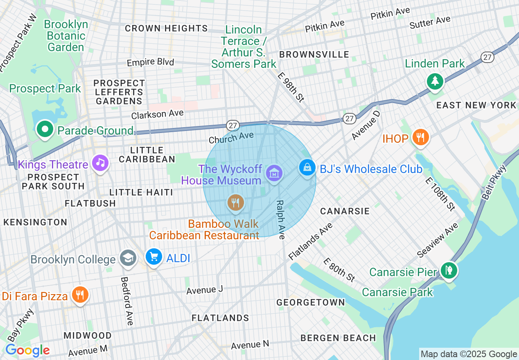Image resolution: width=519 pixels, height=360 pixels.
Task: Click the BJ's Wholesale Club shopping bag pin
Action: (x=307, y=167)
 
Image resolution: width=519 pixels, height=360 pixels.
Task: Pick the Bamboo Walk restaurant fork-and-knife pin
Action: (x=235, y=202)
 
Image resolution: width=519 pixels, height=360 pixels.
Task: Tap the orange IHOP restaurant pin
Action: (x=420, y=137)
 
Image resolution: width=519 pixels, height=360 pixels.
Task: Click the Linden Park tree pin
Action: (x=435, y=81)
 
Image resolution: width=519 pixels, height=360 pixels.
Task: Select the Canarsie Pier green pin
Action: (x=449, y=270)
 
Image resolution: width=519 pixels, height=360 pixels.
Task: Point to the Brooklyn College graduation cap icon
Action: (x=128, y=258)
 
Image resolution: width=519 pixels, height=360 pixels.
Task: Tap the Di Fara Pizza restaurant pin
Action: (x=80, y=295)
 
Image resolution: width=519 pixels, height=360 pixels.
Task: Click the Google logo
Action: (x=27, y=350)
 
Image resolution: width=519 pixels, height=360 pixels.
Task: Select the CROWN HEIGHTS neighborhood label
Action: (x=166, y=28)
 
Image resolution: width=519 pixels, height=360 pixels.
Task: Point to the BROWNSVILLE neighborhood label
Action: (x=314, y=54)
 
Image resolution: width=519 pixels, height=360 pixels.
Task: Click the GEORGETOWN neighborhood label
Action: (x=311, y=302)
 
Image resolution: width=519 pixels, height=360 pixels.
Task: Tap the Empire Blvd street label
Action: (x=150, y=63)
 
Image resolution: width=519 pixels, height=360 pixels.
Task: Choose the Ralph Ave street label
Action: (x=280, y=219)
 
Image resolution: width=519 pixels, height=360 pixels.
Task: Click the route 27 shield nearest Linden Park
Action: (x=487, y=57)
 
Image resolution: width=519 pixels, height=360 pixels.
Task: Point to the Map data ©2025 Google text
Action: (x=469, y=354)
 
